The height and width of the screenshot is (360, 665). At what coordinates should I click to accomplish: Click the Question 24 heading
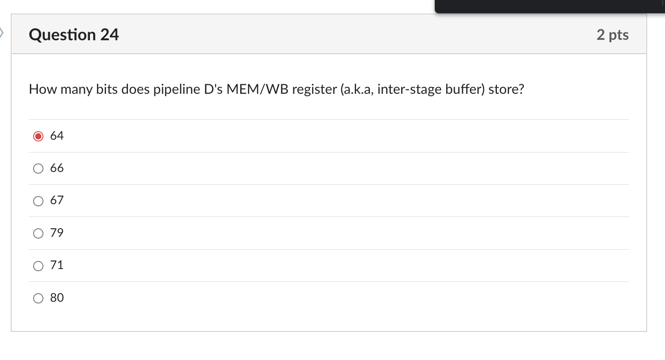74,35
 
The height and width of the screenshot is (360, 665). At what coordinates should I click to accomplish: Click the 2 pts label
612,35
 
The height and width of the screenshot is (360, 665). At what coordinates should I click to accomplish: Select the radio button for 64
38,136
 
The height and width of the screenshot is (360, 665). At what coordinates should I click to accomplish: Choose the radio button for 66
38,169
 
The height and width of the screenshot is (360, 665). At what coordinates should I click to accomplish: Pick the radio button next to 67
38,201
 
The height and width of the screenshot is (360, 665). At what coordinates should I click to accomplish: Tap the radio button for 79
38,234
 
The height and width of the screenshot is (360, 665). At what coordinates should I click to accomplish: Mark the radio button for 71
38,266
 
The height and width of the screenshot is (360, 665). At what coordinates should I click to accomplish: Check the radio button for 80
38,298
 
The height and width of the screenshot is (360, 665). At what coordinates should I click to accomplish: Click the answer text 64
57,136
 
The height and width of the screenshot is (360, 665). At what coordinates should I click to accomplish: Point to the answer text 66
57,168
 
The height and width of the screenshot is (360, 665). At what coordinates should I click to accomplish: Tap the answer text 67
57,200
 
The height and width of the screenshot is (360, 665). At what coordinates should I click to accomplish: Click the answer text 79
57,233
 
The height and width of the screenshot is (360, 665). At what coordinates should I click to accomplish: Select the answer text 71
57,265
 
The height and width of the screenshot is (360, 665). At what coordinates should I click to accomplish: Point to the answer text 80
57,298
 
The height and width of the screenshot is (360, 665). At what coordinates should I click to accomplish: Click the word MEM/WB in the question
257,90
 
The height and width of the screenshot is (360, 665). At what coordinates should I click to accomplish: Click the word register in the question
312,90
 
